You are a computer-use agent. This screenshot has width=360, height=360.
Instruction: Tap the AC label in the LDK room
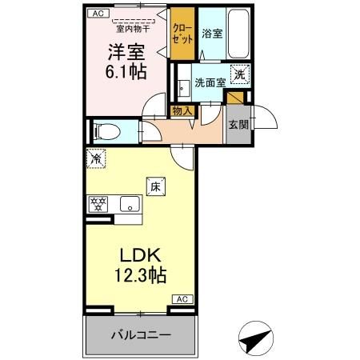click(181, 298)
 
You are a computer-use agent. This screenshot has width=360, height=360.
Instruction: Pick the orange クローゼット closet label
click(183, 34)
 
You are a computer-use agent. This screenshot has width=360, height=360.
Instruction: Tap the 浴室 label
click(212, 35)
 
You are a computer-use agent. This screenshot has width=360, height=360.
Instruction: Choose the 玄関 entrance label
click(238, 125)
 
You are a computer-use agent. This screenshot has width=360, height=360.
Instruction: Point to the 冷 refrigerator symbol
click(96, 159)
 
